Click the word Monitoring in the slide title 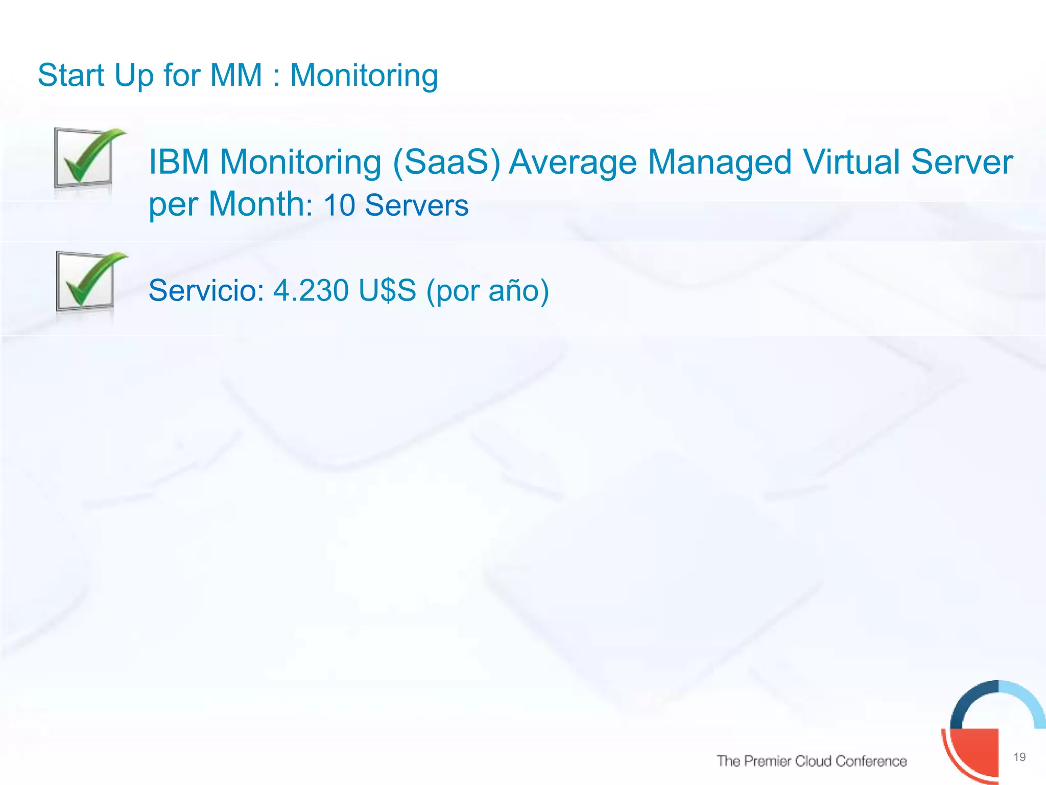(x=364, y=76)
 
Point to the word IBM (x=179, y=162)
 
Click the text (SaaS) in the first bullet (x=446, y=163)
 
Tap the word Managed (x=720, y=163)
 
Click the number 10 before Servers (x=339, y=205)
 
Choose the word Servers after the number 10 (x=417, y=205)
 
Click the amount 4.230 (x=311, y=290)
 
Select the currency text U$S (x=387, y=290)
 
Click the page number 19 (x=1019, y=757)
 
